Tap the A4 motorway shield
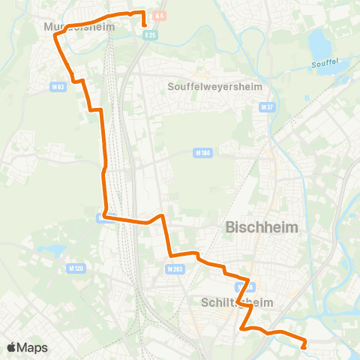point(159,15)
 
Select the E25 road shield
point(151,34)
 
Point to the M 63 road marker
point(58,87)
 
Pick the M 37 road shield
point(264,107)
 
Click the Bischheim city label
point(262,226)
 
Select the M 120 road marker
point(75,268)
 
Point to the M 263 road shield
point(175,268)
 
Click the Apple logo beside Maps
point(12,347)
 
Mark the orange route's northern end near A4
point(143,25)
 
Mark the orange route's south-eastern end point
point(304,346)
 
